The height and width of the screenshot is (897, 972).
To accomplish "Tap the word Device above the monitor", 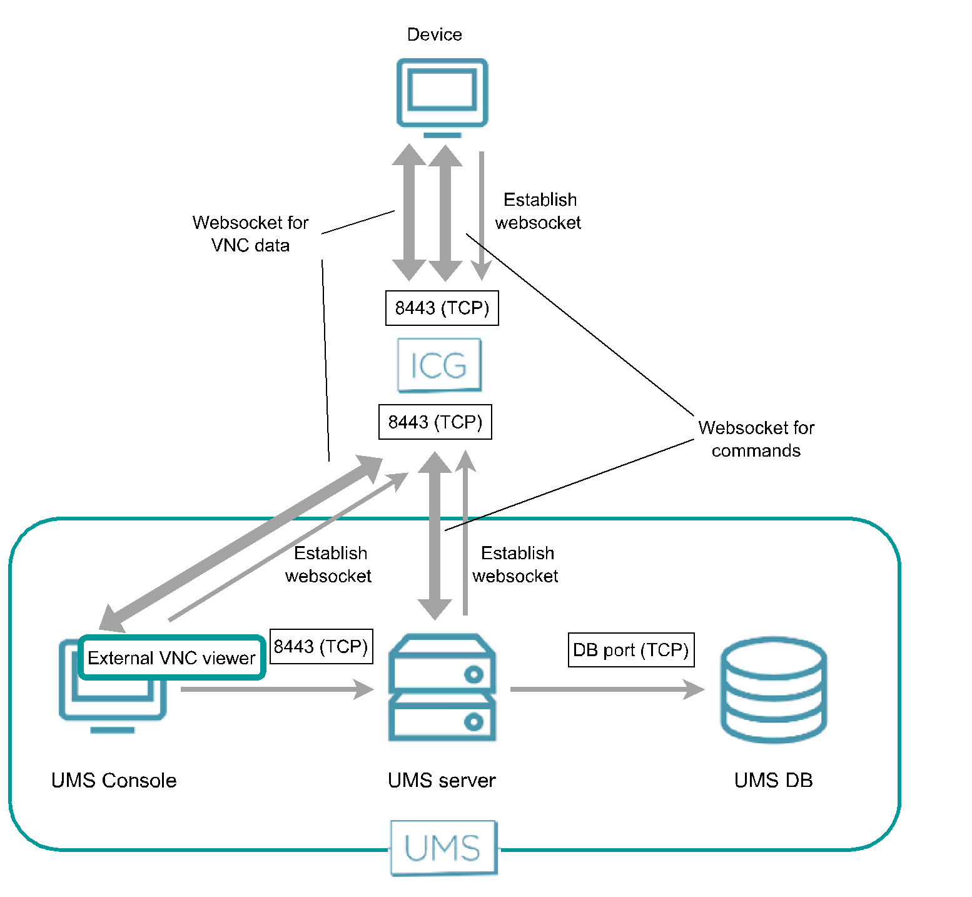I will coord(434,34).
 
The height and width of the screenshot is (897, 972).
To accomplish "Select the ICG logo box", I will coord(440,365).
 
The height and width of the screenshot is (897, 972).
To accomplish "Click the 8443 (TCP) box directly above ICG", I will coord(442,308).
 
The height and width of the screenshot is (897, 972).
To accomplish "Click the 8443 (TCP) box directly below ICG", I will coord(435,422).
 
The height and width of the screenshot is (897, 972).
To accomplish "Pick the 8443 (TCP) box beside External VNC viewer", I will coord(321,646).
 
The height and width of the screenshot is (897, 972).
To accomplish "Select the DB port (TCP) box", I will coord(630,650).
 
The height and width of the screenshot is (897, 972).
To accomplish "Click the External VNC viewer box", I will coord(171,657).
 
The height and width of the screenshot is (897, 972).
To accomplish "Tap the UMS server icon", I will coord(442,688).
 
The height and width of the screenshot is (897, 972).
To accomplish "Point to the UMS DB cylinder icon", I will coord(774,689).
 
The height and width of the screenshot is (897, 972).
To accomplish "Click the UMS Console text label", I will coord(114,780).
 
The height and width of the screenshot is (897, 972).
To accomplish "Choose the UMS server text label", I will coord(442,780).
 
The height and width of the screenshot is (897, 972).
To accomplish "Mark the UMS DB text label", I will coord(773,780).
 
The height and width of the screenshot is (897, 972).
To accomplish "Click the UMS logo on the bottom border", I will coord(443,848).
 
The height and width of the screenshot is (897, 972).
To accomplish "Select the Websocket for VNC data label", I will coord(251,234).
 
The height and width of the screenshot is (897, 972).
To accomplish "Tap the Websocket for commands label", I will coord(756,439).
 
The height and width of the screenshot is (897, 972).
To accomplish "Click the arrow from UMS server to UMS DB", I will coord(607,689).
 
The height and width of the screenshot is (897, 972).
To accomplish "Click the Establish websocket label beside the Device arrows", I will coord(539,211).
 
